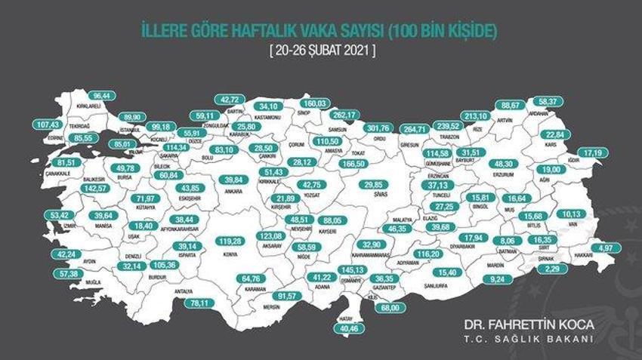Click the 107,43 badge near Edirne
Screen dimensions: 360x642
pyautogui.click(x=48, y=123)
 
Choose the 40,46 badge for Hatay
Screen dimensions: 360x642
pyautogui.click(x=349, y=328)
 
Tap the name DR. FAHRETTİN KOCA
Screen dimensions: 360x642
pyautogui.click(x=529, y=324)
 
